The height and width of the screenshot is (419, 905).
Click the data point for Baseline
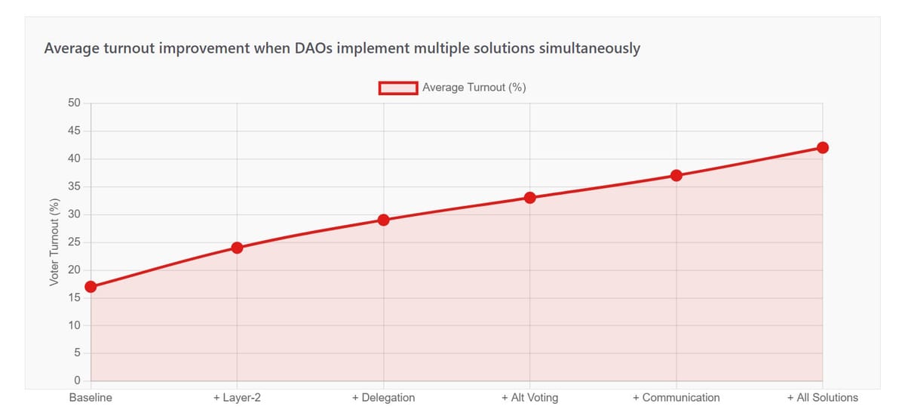point(90,287)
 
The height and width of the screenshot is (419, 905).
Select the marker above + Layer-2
point(237,248)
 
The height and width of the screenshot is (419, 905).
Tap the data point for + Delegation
point(383,220)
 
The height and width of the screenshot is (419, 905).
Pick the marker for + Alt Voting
point(529,198)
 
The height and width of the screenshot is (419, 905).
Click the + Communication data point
point(676,175)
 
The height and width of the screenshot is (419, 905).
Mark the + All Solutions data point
point(823,147)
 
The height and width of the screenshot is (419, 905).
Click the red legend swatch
point(398,88)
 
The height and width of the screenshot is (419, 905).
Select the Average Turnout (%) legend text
point(474,88)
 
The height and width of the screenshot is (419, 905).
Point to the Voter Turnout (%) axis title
point(54,242)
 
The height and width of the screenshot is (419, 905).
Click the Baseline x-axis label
point(90,398)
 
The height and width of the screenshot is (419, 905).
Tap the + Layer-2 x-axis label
point(237,398)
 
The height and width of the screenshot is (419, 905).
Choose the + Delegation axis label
point(383,398)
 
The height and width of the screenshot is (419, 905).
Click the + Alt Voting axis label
point(529,398)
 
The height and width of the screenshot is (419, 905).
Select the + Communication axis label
point(676,398)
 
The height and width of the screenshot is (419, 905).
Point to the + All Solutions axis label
point(822,398)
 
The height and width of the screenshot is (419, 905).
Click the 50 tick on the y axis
point(74,103)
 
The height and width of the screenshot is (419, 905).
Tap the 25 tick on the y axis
point(74,242)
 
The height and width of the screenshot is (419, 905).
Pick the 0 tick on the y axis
point(77,380)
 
